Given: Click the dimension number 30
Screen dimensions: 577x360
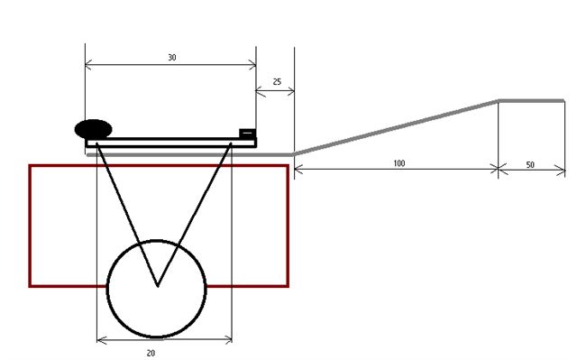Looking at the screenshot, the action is click(x=172, y=58).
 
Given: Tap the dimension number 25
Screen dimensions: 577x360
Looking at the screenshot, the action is click(x=277, y=82).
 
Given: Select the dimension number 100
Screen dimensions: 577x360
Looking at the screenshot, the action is click(x=399, y=163).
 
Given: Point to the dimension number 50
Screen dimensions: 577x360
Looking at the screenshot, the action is click(x=530, y=165).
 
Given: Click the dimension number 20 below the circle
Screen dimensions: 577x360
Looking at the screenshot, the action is click(x=151, y=354).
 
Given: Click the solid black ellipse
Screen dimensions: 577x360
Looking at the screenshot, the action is click(x=94, y=129).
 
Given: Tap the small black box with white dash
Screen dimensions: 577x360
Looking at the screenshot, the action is click(x=247, y=134).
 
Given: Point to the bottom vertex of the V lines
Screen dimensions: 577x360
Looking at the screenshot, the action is click(x=158, y=286).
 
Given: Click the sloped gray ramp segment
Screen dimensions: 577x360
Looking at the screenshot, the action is click(x=397, y=127).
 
